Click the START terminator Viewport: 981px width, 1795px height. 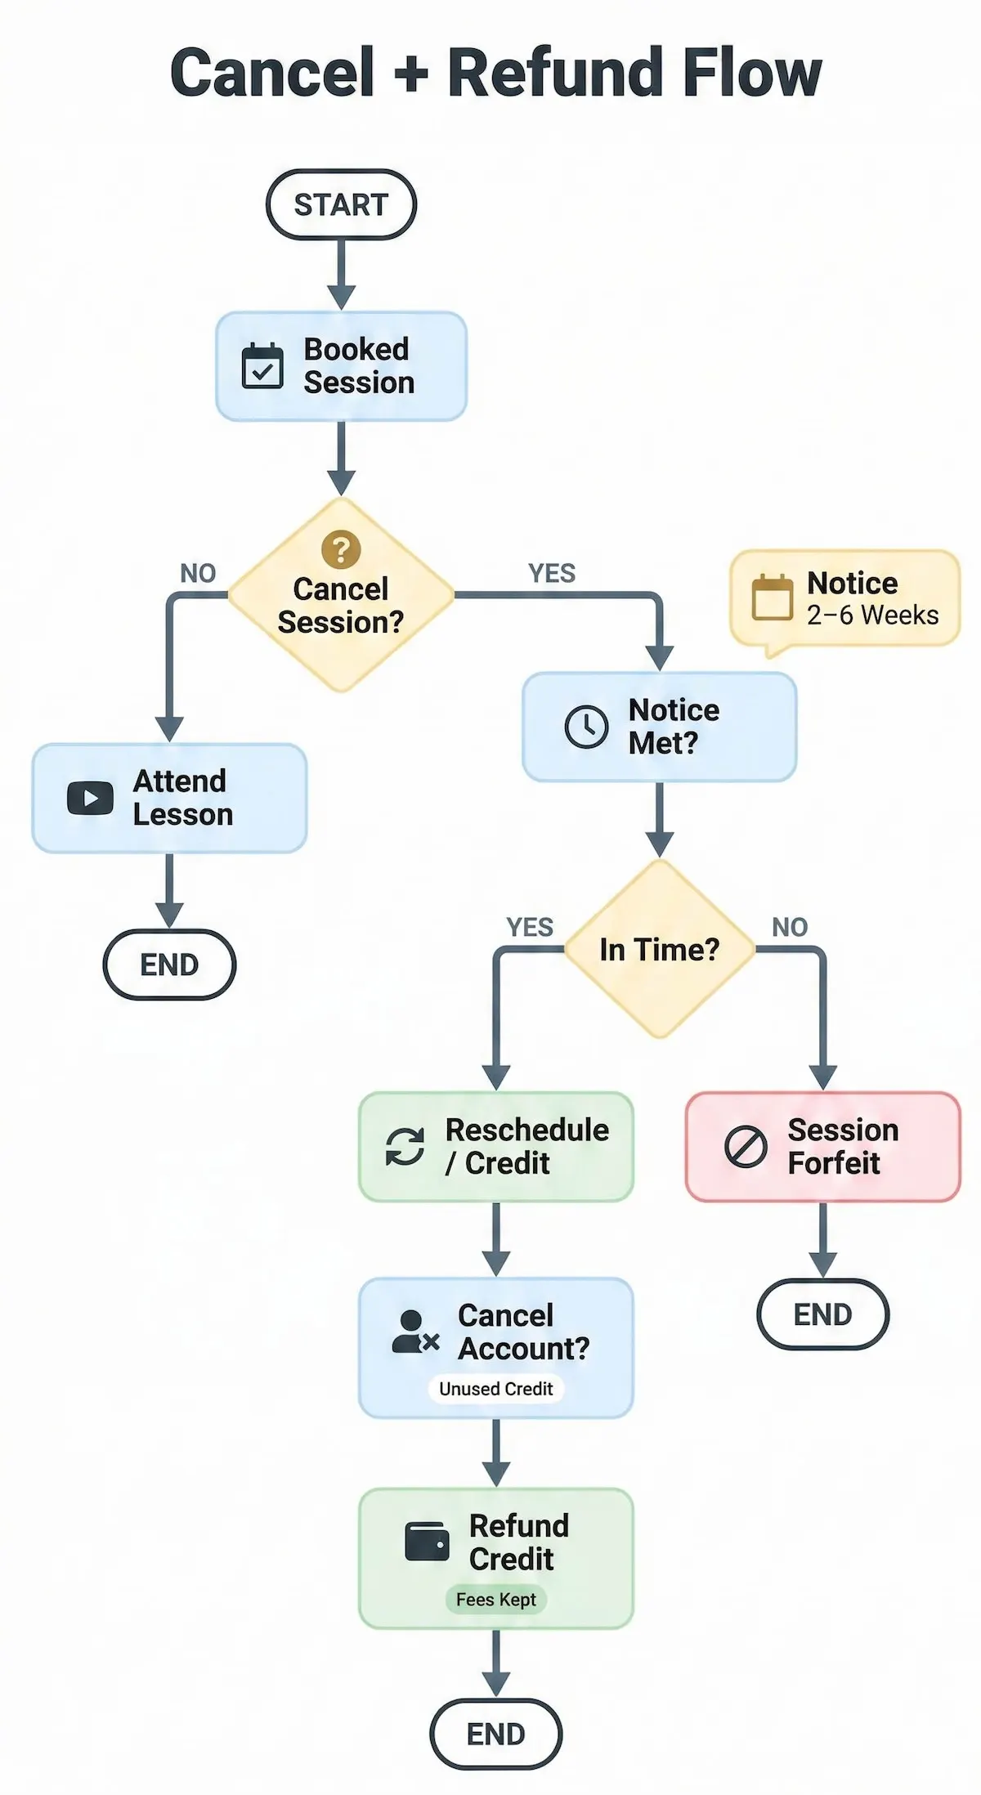[341, 204]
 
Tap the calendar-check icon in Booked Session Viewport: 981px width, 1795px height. [262, 366]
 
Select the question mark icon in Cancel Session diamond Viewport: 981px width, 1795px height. [341, 549]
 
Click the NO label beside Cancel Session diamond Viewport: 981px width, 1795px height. [198, 573]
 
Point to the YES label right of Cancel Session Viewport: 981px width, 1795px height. [552, 573]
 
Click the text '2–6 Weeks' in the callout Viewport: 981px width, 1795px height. [872, 615]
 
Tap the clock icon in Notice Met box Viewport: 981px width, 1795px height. [586, 726]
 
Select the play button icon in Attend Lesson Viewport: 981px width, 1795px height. [90, 798]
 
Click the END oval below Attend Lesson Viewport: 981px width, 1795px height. [169, 965]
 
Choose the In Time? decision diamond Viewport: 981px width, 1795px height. [659, 950]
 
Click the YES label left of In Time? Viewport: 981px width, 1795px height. [530, 927]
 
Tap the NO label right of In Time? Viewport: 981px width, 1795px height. [790, 927]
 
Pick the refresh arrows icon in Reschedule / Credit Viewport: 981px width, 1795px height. [405, 1146]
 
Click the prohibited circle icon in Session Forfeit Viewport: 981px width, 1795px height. [746, 1146]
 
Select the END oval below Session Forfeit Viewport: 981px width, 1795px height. [822, 1314]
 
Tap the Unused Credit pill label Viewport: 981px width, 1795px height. [495, 1389]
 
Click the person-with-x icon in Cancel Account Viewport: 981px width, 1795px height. [415, 1332]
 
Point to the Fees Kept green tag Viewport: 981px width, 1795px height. [495, 1600]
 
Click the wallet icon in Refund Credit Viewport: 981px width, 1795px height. [427, 1542]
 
